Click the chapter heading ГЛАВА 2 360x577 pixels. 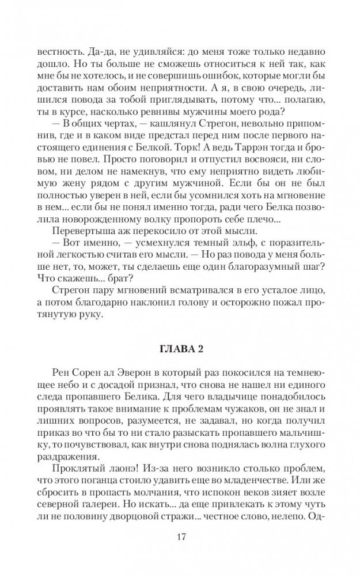point(180,352)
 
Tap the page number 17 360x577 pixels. point(180,538)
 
